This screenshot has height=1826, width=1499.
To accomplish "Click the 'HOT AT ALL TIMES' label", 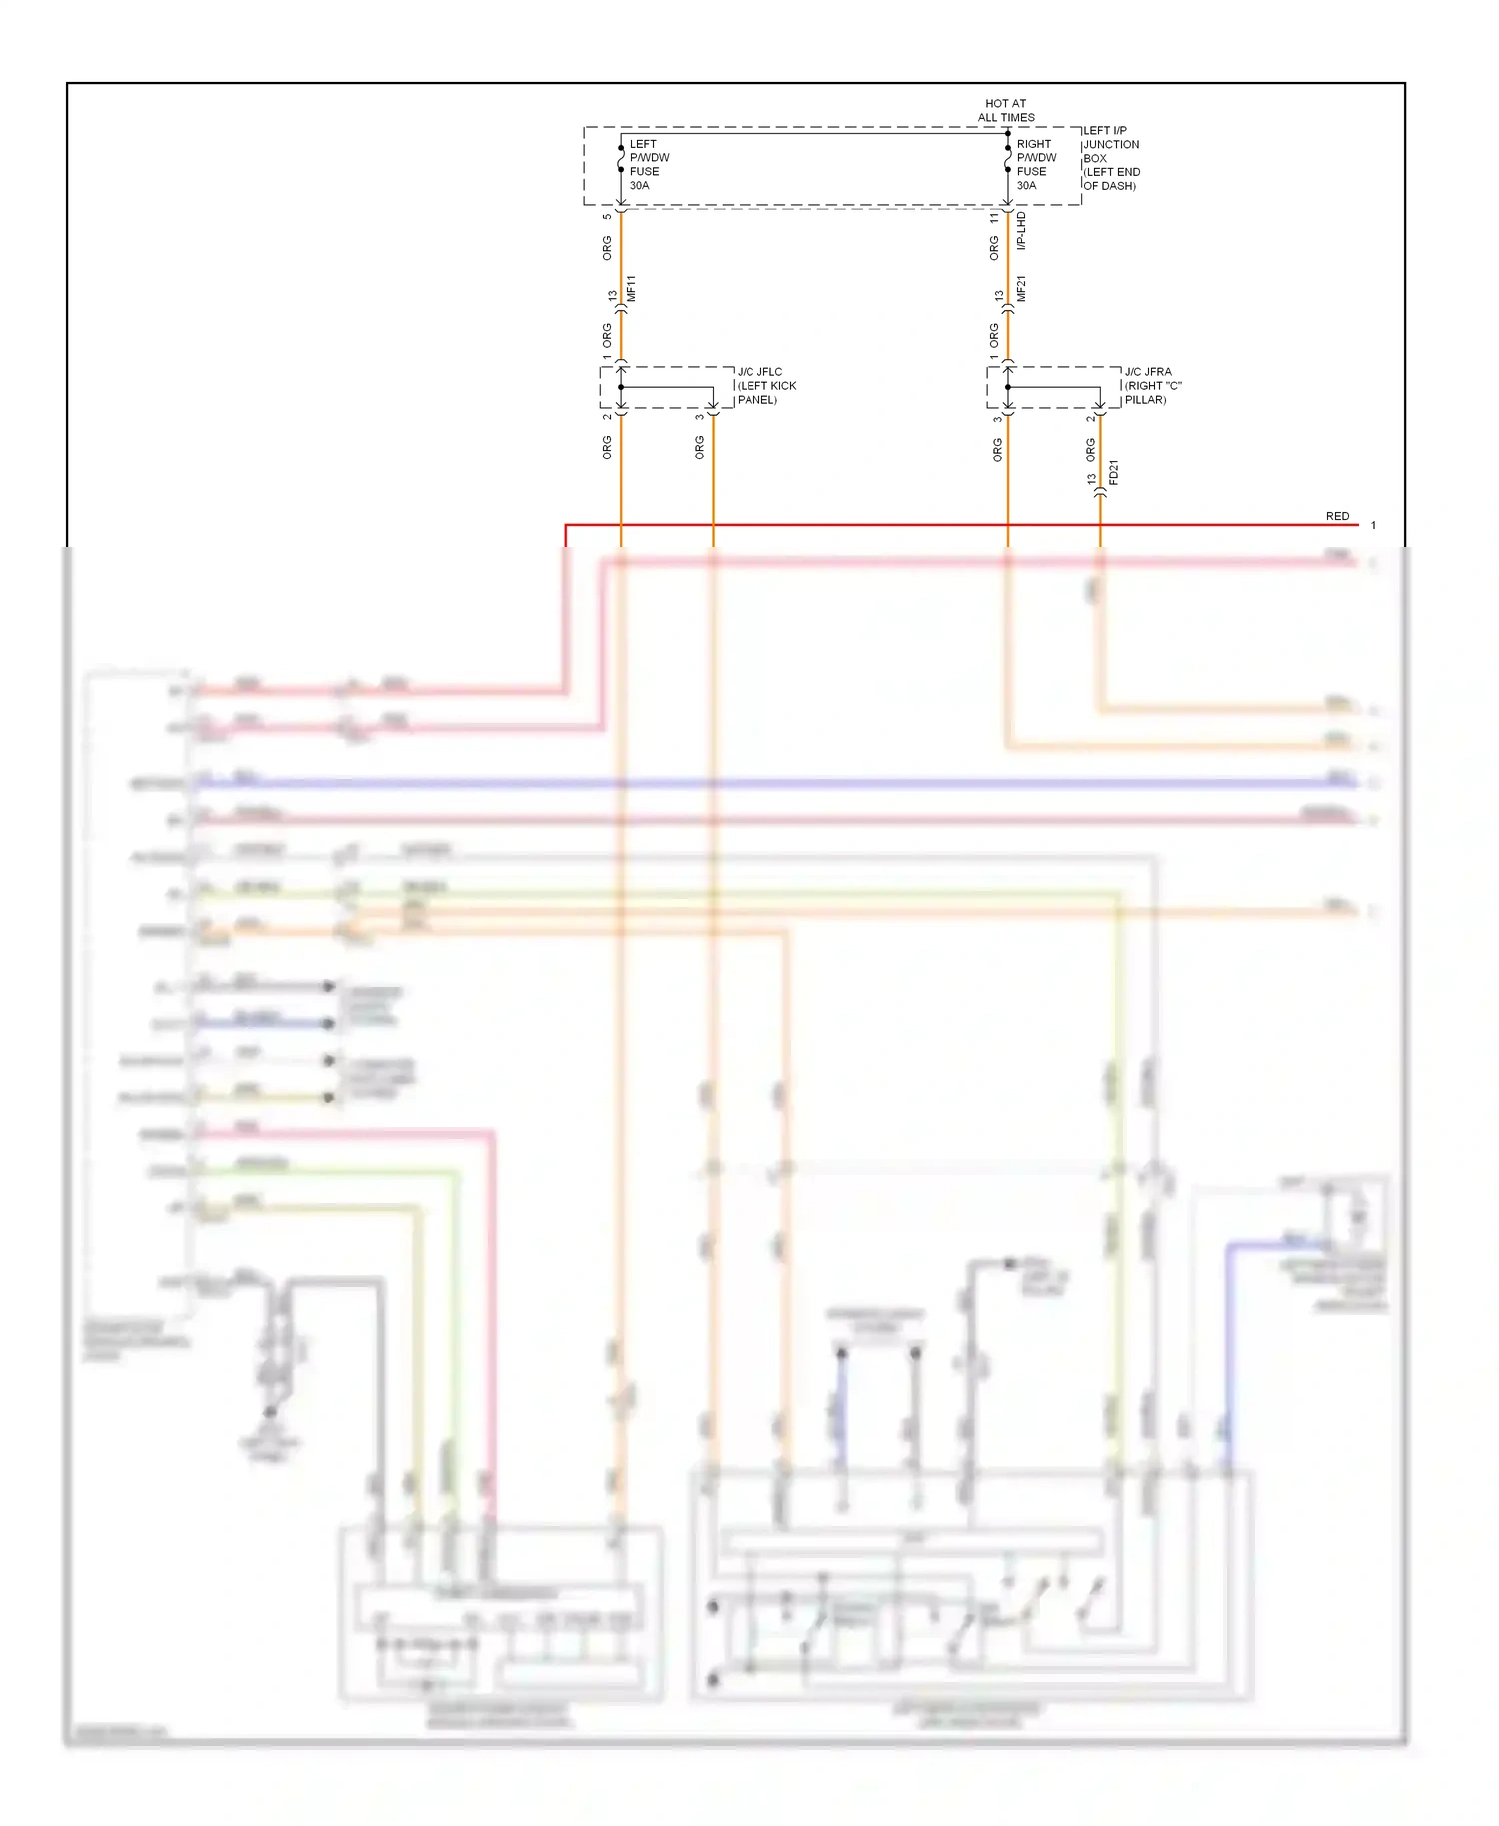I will point(1005,110).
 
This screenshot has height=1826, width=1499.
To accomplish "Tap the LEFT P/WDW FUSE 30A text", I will point(649,165).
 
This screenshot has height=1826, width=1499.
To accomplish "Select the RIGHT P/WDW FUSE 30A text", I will point(1036,165).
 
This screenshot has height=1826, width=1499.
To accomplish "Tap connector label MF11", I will point(631,289).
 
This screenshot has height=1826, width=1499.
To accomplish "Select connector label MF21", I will point(1021,289).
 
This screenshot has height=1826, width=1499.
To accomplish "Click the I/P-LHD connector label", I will point(1021,231).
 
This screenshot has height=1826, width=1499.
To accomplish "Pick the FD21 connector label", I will point(1114,473).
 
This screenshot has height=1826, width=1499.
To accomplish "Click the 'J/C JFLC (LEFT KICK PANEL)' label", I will point(766,386).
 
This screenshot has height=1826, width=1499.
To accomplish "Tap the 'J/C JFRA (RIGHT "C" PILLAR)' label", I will point(1153,386).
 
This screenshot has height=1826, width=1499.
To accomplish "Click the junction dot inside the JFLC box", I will point(621,387).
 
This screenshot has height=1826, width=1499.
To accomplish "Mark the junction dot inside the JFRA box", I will point(1008,387).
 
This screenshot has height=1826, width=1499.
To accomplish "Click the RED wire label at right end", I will point(1337,516).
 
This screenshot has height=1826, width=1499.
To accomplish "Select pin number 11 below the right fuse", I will point(994,217).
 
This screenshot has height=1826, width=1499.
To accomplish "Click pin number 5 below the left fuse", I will point(607,217).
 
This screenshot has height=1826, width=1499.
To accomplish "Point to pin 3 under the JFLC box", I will point(699,417).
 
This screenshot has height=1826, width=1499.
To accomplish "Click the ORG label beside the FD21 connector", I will point(1090,450).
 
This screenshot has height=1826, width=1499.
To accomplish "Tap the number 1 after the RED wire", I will point(1373,525).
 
